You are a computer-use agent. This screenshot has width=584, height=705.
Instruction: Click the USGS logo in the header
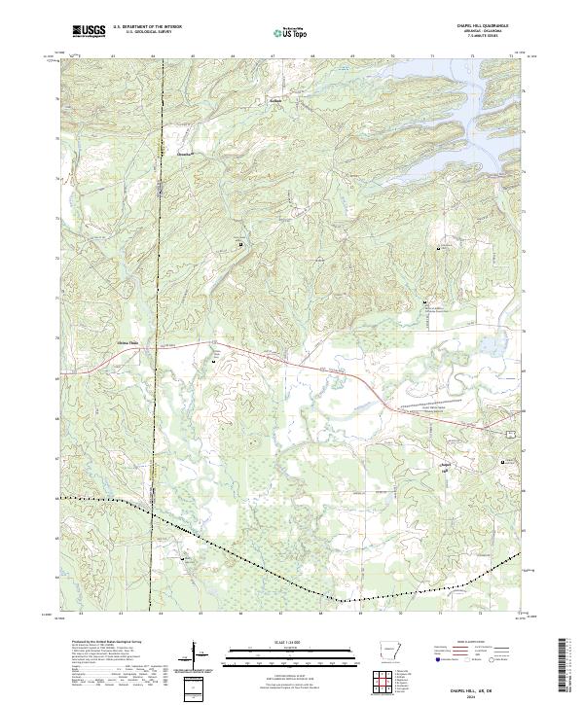pyautogui.click(x=90, y=32)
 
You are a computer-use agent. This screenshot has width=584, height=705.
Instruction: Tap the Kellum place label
pyautogui.click(x=274, y=99)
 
